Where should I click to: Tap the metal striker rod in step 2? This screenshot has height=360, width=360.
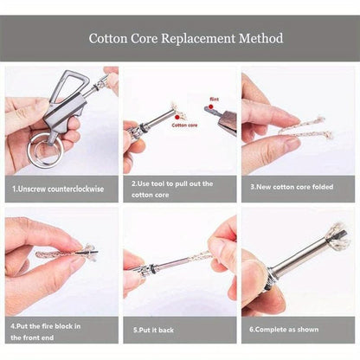tap(156, 119)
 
